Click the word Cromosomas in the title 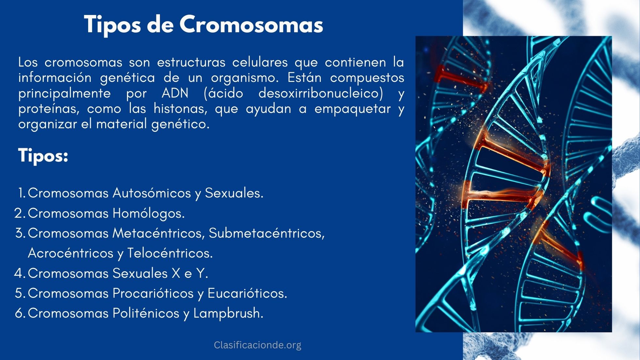251,25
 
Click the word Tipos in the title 112,25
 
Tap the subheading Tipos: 43,155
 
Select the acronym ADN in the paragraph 175,93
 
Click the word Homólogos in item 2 149,213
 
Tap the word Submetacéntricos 266,233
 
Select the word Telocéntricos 170,253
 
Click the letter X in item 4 176,273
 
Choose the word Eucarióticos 247,293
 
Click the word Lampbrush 228,313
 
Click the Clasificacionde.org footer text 257,345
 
